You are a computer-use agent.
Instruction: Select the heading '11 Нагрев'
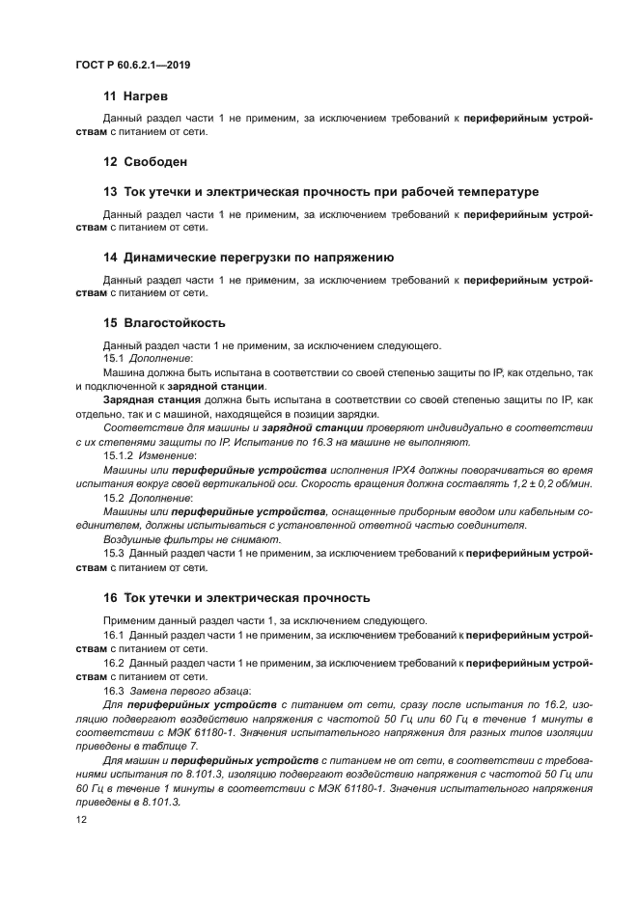[135, 97]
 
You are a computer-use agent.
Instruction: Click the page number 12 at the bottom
[81, 819]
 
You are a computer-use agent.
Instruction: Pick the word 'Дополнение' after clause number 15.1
[162, 357]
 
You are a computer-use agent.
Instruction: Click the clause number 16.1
[113, 636]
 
